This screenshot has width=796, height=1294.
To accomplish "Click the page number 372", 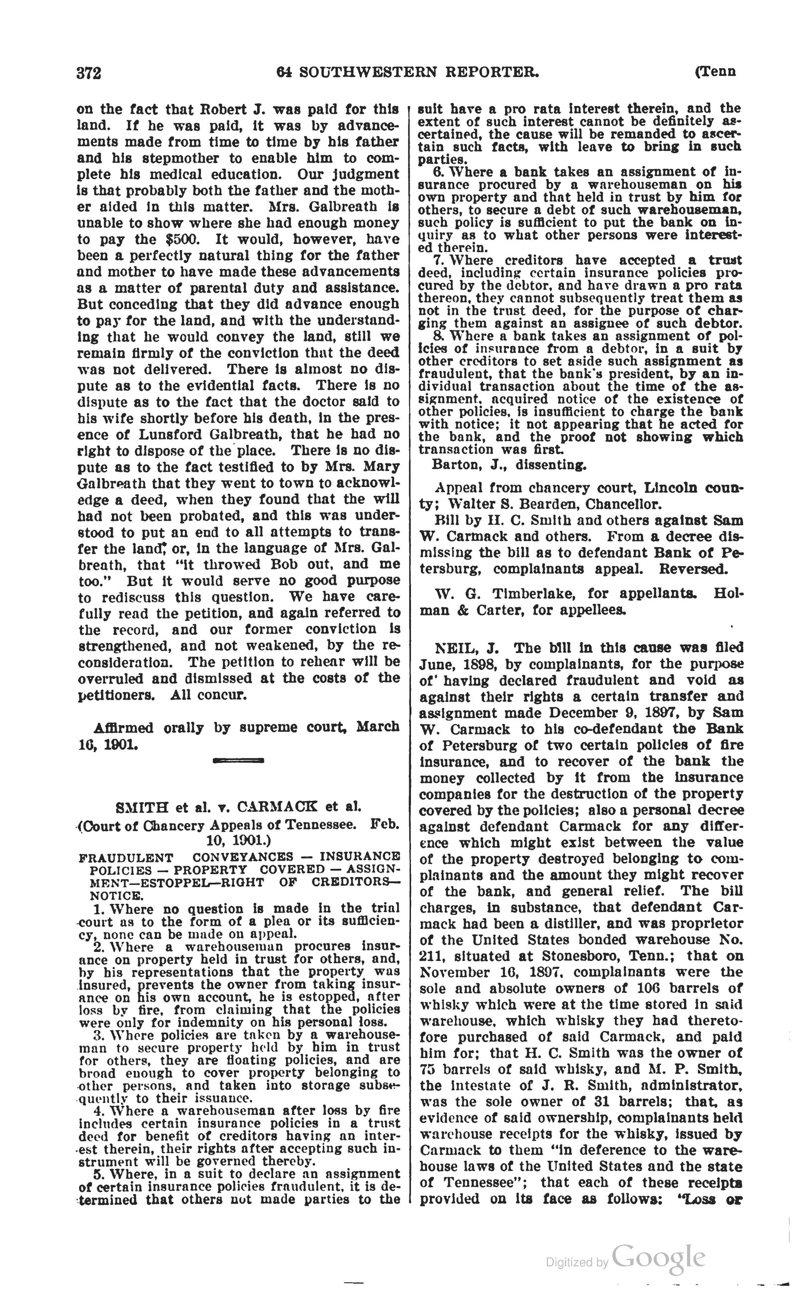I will [x=89, y=73].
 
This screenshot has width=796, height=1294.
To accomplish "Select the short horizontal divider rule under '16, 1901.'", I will [x=238, y=760].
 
